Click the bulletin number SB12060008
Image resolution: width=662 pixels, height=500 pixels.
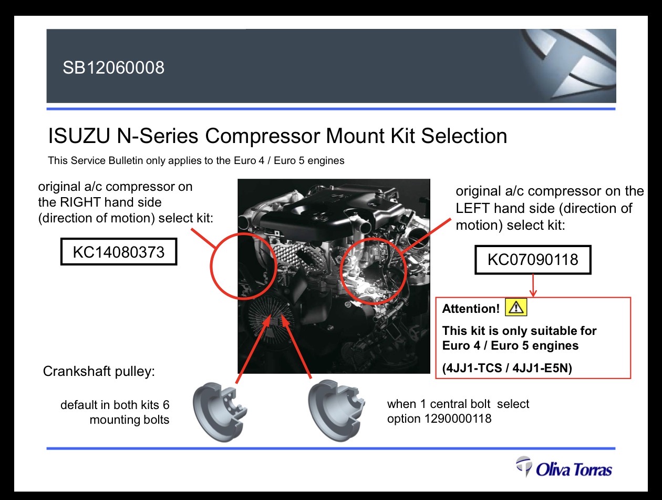point(113,67)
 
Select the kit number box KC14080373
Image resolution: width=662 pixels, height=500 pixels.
point(119,252)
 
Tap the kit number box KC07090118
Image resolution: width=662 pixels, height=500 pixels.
point(533,260)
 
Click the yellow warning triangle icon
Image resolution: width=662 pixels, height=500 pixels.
point(516,307)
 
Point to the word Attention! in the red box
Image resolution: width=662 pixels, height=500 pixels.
point(471,309)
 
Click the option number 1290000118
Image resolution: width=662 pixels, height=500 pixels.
point(458,419)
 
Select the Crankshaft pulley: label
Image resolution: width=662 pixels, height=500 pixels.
point(99,371)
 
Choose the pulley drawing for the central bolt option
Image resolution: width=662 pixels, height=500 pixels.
point(336,411)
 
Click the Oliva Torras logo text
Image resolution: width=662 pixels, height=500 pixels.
point(574,470)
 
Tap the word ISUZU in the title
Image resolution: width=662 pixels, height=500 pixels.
point(79,136)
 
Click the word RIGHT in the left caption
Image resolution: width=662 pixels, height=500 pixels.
point(80,202)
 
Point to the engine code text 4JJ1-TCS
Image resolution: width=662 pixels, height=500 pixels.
point(473,368)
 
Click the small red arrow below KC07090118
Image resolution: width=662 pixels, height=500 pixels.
point(533,285)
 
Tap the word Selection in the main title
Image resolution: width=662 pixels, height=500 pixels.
point(464,136)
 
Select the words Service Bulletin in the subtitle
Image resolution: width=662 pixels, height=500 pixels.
point(107,160)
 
